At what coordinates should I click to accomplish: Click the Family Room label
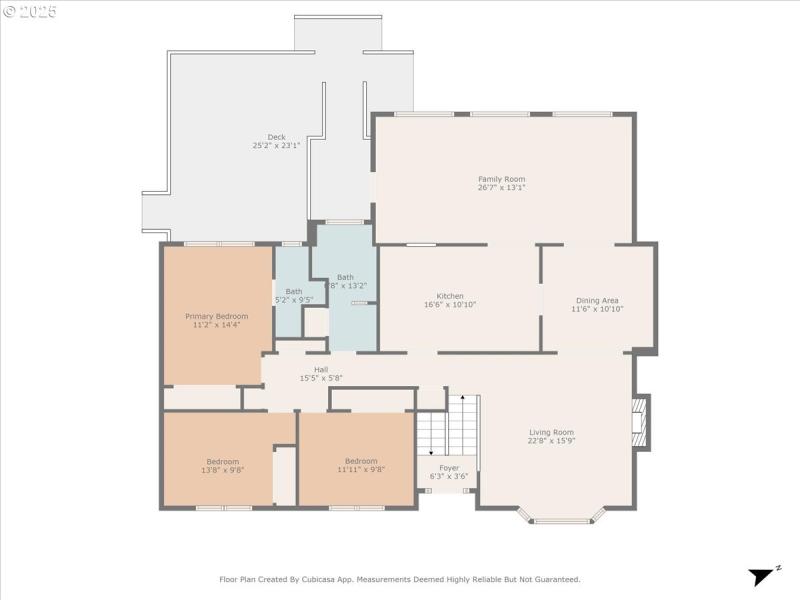(501, 179)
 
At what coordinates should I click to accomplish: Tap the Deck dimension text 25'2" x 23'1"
(276, 146)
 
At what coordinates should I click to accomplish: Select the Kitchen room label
(450, 296)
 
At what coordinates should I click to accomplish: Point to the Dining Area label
(597, 301)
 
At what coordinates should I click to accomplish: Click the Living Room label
(552, 432)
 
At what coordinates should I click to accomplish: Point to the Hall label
(321, 370)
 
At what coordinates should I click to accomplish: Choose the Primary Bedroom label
(216, 316)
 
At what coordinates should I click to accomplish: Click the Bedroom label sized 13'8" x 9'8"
(222, 461)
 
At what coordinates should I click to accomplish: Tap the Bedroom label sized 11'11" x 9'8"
(361, 461)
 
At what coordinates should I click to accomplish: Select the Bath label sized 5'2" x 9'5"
(293, 291)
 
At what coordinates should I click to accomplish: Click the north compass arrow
(764, 575)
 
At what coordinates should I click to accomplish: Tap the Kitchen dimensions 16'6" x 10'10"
(450, 304)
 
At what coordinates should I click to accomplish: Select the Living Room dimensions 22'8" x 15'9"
(552, 440)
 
